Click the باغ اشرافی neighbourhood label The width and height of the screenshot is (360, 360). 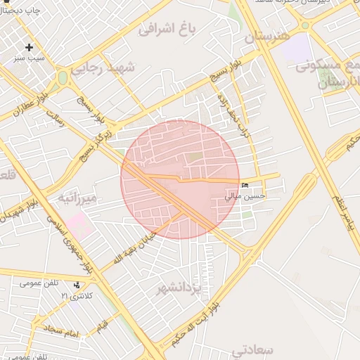click(x=166, y=29)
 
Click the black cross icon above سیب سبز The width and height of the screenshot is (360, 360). click(x=29, y=47)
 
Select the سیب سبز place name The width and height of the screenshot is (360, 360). click(x=29, y=58)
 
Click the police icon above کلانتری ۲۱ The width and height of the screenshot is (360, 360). click(x=77, y=285)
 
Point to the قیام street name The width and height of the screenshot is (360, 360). click(x=102, y=326)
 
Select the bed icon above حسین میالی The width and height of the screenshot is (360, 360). click(x=245, y=186)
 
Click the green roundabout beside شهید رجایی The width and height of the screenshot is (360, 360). click(x=63, y=77)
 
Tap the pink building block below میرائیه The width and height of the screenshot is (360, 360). click(x=79, y=226)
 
